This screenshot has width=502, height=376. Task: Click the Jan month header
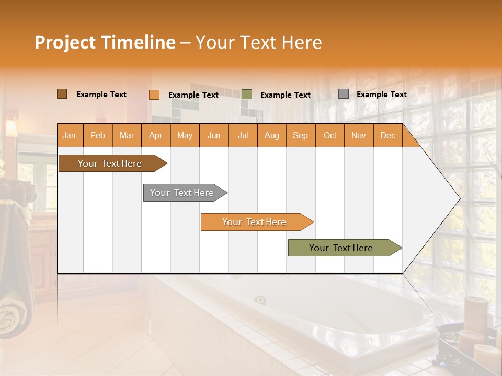70,136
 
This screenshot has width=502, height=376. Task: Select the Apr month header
156,136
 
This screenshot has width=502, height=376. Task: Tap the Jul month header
243,136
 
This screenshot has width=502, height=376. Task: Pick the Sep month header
300,136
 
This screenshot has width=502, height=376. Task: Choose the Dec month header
387,136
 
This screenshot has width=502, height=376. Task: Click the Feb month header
98,136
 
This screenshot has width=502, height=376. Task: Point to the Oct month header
329,136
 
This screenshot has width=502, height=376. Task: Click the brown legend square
62,94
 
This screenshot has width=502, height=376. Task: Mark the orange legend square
154,95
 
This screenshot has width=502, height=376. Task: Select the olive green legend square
247,95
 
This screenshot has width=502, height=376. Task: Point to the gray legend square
343,94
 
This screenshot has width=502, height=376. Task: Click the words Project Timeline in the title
105,42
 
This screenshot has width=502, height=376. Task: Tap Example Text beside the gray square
381,95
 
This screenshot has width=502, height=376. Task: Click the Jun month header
214,136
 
